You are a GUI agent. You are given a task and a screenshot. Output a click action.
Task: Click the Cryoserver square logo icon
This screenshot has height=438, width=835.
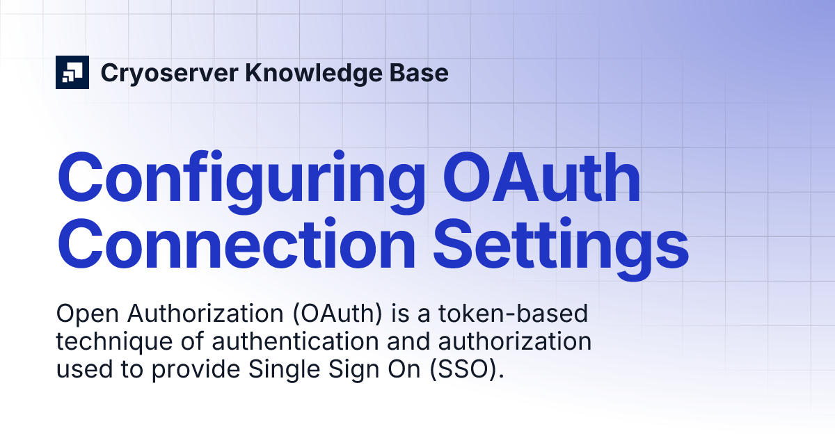point(72,72)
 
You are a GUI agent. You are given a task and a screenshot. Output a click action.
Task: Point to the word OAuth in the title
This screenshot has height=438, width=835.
point(543,179)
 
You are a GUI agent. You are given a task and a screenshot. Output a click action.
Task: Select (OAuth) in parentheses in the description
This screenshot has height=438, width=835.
point(340,315)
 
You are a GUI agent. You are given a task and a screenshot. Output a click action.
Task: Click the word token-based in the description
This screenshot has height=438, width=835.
point(524,314)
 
